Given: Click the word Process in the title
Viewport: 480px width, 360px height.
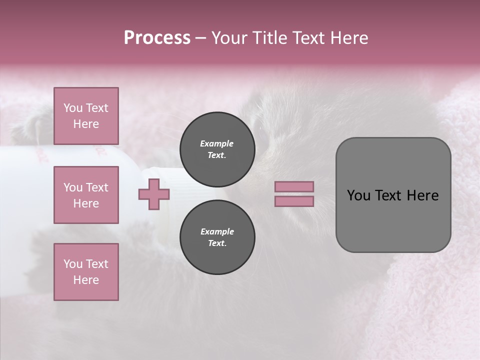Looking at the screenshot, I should pyautogui.click(x=157, y=38).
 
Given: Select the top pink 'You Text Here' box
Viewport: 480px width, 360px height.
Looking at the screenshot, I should pyautogui.click(x=86, y=116).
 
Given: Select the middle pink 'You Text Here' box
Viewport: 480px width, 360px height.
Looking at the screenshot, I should pyautogui.click(x=86, y=195).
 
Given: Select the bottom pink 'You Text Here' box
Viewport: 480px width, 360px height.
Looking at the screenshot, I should pyautogui.click(x=86, y=272).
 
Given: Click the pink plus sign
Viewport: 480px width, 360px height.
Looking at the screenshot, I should pyautogui.click(x=154, y=194).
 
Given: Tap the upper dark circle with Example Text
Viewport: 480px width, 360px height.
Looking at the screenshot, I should pyautogui.click(x=217, y=149).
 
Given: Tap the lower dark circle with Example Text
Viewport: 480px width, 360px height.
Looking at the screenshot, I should pyautogui.click(x=217, y=237).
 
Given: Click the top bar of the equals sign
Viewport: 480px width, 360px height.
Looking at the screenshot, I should pyautogui.click(x=294, y=186).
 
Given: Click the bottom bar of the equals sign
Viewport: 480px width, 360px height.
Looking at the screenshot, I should pyautogui.click(x=294, y=201).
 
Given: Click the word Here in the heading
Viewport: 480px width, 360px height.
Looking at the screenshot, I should pyautogui.click(x=348, y=38).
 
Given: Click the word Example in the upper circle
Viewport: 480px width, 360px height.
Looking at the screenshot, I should pyautogui.click(x=216, y=143).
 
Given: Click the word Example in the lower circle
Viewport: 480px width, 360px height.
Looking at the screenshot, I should pyautogui.click(x=217, y=231).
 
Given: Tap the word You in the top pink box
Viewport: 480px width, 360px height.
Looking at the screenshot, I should pyautogui.click(x=73, y=108).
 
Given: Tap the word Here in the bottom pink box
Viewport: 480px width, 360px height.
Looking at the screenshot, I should pyautogui.click(x=86, y=280).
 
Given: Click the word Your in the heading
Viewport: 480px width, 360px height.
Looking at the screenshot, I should pyautogui.click(x=230, y=38).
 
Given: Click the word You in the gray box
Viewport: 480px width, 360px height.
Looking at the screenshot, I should pyautogui.click(x=358, y=195).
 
